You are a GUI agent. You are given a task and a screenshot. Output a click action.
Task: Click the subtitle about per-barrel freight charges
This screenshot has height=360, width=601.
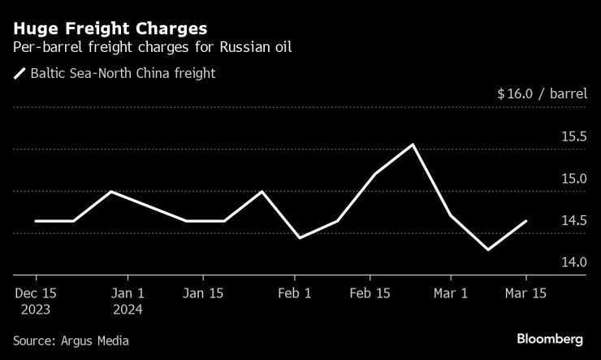click(x=153, y=46)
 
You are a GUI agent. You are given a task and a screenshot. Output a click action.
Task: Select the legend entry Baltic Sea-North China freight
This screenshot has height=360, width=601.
click(x=123, y=74)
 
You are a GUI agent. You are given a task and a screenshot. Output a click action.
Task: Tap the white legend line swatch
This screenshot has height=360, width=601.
click(x=19, y=74)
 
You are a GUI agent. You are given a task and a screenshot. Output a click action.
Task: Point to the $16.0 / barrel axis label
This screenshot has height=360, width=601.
click(x=542, y=93)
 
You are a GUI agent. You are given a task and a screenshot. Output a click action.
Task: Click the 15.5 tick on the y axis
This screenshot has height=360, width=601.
click(x=573, y=137)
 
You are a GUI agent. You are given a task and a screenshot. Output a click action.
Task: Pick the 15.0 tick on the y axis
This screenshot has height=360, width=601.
click(x=573, y=179)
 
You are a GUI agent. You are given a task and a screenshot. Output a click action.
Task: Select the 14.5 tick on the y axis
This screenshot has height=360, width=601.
click(x=573, y=221)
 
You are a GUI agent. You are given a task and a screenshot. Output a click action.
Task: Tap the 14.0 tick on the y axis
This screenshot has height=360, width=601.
click(x=573, y=262)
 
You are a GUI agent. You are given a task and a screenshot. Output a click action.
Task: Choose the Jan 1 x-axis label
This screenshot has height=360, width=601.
click(x=128, y=293)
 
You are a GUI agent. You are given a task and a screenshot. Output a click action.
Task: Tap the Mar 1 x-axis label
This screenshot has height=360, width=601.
click(x=451, y=293)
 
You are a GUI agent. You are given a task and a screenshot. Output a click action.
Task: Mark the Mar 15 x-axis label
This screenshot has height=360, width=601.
click(x=526, y=293)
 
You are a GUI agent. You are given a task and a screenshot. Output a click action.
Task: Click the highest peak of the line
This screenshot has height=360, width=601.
click(x=413, y=145)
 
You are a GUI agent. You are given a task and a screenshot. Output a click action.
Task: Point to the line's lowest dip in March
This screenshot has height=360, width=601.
click(x=488, y=249)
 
